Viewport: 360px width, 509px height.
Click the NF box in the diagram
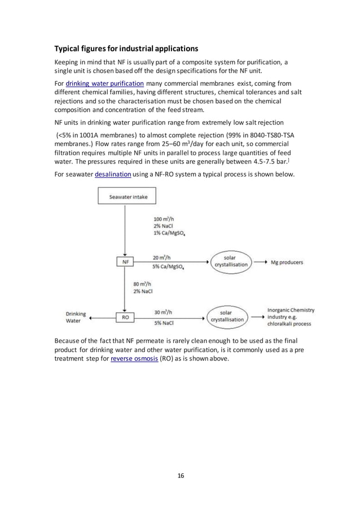tap(124, 262)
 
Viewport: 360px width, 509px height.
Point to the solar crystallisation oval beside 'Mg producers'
tap(231, 262)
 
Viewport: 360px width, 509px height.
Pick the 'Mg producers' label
tap(287, 262)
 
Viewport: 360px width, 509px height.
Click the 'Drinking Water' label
tap(76, 317)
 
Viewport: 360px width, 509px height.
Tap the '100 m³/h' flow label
tap(164, 219)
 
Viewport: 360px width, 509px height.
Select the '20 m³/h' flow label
tap(162, 257)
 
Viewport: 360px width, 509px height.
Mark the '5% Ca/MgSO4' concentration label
tap(172, 267)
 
